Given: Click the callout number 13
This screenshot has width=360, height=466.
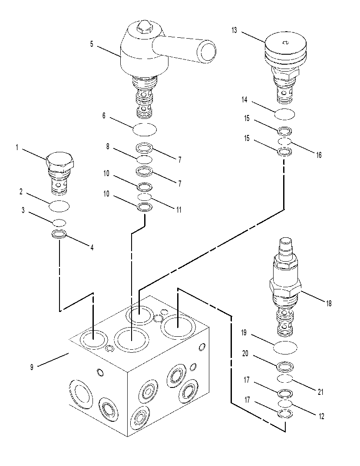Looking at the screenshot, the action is [234, 30].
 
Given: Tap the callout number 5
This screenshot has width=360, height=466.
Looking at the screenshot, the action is [92, 44].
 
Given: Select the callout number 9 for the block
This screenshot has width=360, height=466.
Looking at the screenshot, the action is [32, 367].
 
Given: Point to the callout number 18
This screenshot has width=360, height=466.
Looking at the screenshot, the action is [329, 303].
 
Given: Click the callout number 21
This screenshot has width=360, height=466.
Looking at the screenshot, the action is [320, 392].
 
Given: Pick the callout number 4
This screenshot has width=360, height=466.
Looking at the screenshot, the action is [92, 247].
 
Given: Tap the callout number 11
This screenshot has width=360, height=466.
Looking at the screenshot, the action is [178, 210].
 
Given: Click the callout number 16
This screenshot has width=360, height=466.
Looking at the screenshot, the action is [319, 155].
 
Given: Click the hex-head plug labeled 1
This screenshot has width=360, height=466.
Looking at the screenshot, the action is [60, 174].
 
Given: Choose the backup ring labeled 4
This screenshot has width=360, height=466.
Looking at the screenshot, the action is [59, 234].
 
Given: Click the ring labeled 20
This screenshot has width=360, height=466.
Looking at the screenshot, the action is [285, 367].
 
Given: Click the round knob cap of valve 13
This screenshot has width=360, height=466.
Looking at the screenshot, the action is [285, 43].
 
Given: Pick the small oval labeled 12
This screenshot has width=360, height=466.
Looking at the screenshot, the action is [285, 403].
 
